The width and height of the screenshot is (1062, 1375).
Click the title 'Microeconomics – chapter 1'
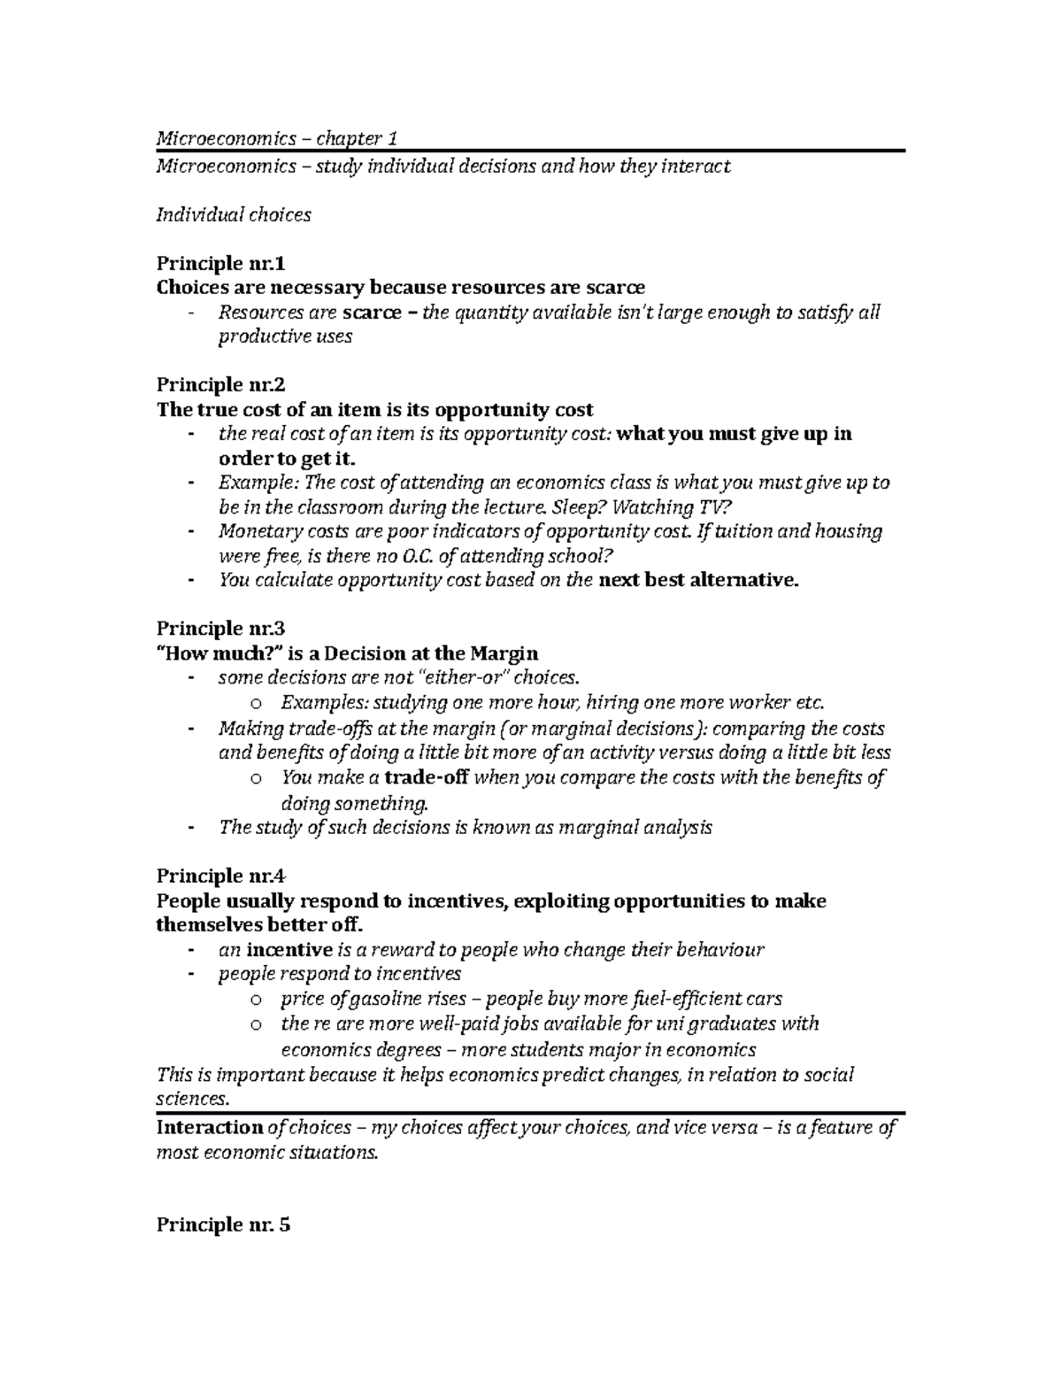[277, 138]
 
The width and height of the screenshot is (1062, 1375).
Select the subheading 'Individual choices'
[234, 214]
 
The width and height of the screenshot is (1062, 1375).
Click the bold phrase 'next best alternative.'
[698, 581]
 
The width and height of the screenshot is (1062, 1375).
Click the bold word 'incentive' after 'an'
[289, 950]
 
